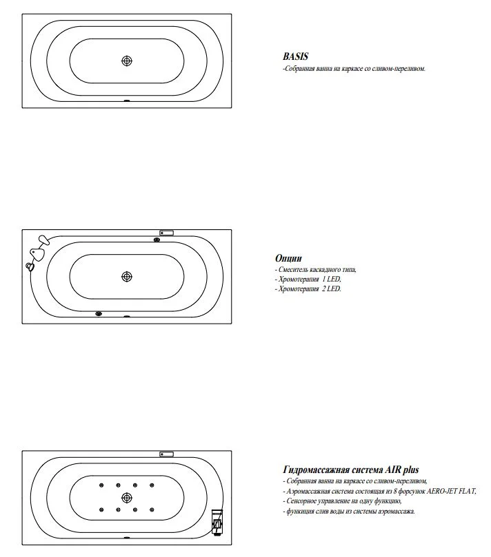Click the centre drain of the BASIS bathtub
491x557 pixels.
pos(126,61)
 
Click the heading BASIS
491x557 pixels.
pos(294,57)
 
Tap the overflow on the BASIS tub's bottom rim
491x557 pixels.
pos(126,101)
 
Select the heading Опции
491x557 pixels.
pos(288,258)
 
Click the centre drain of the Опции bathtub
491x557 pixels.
pos(126,276)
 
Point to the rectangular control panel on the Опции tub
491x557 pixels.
pos(166,233)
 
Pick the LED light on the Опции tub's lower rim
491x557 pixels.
pos(99,315)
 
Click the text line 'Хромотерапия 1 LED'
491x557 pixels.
pos(308,280)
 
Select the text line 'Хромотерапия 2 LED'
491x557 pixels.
pos(308,289)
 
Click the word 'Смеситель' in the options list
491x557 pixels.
pos(293,270)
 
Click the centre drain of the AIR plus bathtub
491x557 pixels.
pos(126,497)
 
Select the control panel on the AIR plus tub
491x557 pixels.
pos(166,454)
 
